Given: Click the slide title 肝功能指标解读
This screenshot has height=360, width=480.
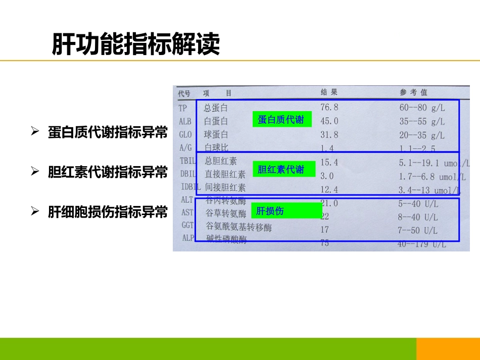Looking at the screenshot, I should coord(136,44).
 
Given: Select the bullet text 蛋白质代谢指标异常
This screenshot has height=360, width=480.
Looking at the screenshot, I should coord(108,132).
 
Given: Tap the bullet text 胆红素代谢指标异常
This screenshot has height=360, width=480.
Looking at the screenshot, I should coord(108,172).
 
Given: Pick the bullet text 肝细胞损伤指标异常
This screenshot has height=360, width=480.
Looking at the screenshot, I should coord(108,212).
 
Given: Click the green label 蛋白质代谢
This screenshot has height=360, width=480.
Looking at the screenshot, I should coord(281,120).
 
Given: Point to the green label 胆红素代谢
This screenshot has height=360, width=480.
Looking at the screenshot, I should coord(281,170).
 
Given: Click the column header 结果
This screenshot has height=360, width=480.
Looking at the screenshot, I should coord(329,92).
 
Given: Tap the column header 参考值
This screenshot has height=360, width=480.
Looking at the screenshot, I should coord(413,92).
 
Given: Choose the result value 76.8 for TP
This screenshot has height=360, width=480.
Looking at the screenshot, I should coord(329,107).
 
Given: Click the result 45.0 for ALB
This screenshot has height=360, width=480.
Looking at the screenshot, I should coord(329,121).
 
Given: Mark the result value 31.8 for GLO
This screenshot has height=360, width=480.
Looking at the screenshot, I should coord(329,135).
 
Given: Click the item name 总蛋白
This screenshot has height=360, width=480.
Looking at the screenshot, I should coord(216,108).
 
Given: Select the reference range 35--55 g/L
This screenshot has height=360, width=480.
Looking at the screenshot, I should coord(421,122).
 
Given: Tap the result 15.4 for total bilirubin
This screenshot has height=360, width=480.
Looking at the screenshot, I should coord(329,162).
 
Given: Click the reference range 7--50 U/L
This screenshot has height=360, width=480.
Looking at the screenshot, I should coord(417,231).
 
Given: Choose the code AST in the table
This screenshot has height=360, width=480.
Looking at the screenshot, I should coord(187,213).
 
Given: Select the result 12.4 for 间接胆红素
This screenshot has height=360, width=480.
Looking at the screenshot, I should coord(329,189).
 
